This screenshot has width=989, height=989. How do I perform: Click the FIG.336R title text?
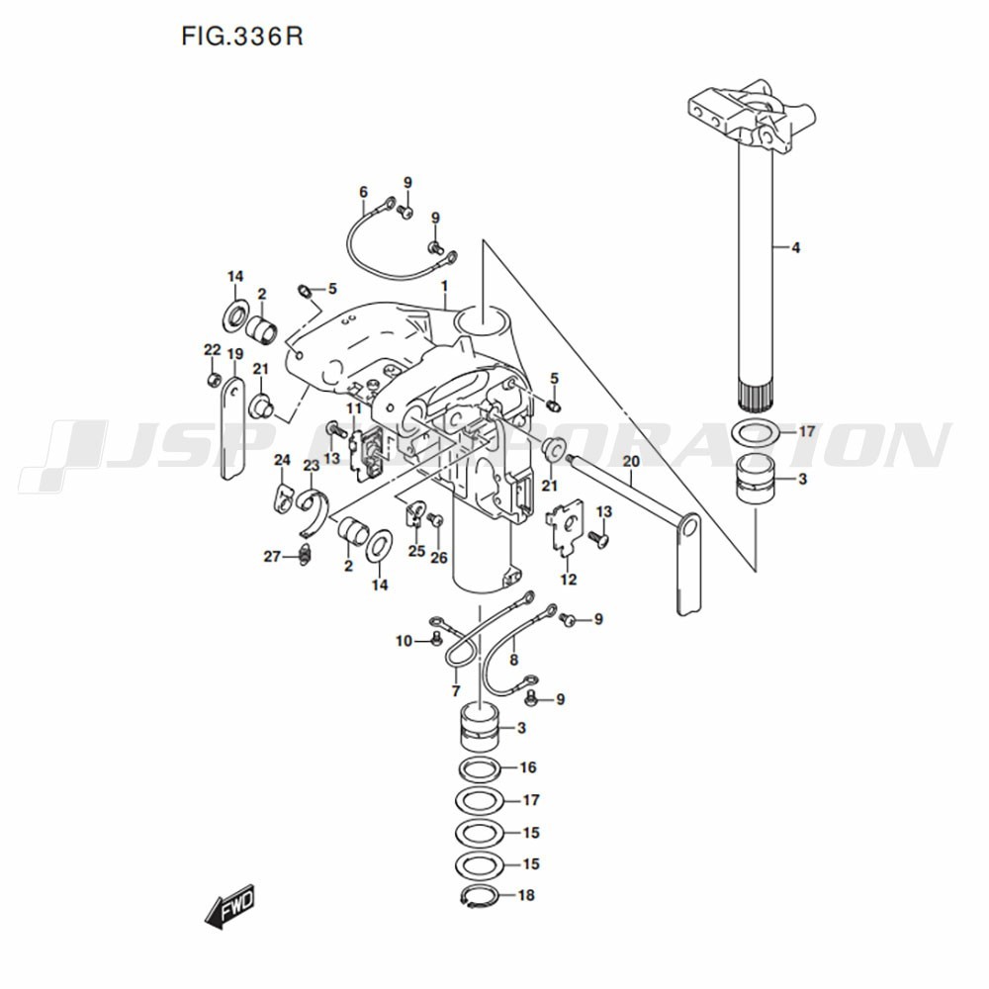click(242, 37)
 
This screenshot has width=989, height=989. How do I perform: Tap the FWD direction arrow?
click(230, 905)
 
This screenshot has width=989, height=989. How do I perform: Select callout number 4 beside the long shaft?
click(795, 247)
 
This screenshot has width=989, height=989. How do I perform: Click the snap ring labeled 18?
click(482, 896)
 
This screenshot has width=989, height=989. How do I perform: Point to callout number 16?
click(528, 767)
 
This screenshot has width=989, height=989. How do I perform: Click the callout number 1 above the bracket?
click(445, 286)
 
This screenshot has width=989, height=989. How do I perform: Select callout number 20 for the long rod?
click(631, 461)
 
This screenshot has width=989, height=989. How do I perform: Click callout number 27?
click(273, 556)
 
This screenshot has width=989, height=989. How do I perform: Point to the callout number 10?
click(404, 641)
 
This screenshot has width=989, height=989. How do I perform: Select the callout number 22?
click(212, 349)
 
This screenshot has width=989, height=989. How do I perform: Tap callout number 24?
click(282, 460)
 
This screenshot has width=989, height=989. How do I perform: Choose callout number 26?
click(438, 558)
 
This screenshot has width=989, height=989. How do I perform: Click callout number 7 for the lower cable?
click(456, 689)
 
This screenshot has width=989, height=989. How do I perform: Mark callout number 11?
click(353, 408)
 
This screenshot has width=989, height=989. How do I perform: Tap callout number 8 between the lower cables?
click(513, 659)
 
